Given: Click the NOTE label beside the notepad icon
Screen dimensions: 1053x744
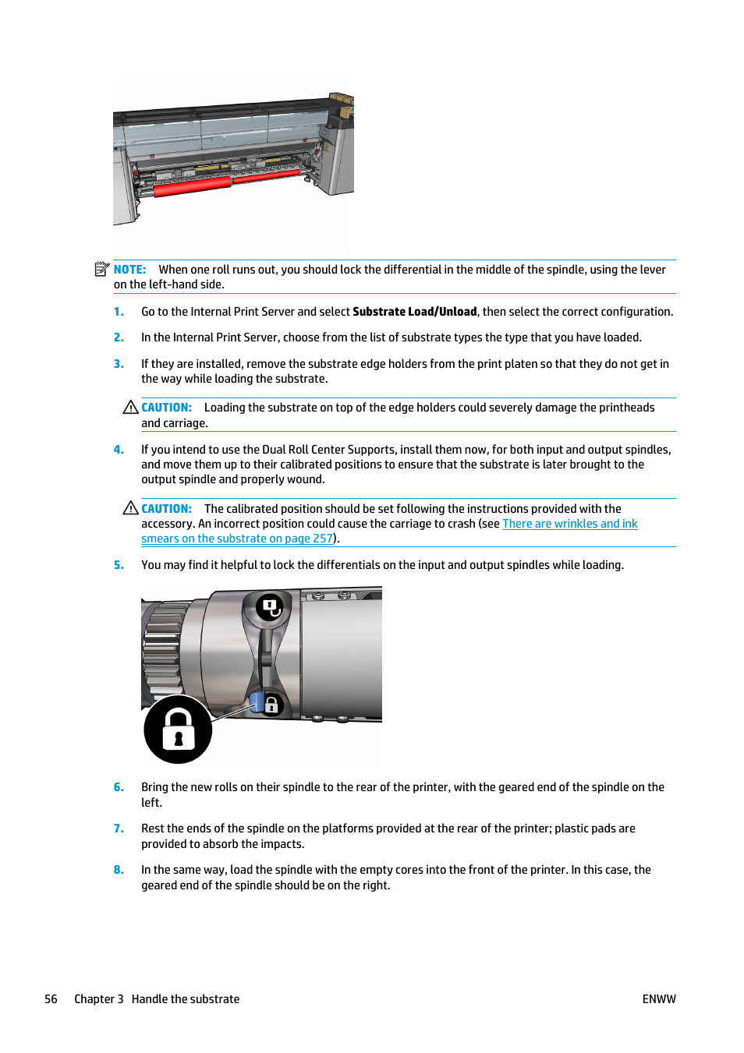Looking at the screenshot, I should coord(129,270).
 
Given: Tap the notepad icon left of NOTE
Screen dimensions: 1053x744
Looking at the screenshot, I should coord(101,269).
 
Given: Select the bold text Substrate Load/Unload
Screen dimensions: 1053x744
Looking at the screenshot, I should coord(414,312).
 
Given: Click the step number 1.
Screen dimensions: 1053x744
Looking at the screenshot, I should coord(119,312).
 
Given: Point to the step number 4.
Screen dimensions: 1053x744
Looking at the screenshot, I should coord(119,450).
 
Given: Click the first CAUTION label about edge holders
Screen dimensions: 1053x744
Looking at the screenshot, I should coord(166,408).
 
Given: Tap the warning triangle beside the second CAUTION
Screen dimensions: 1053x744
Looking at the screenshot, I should coord(130,508).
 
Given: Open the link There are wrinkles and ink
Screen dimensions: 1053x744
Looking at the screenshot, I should coord(569,524).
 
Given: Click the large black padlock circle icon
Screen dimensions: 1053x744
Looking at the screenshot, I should coord(178,730).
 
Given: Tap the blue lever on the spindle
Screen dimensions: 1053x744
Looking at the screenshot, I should coord(256,701).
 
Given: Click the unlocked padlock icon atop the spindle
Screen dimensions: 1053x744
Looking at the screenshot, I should coord(270,606).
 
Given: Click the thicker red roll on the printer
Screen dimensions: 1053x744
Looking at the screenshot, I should coord(193,186).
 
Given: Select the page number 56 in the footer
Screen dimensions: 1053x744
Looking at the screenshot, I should coord(51,999).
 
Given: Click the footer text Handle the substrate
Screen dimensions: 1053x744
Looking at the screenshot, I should coord(185,999).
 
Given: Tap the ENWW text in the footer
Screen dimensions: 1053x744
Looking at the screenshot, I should coord(658,999).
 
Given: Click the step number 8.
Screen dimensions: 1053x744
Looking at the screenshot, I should coord(119,870).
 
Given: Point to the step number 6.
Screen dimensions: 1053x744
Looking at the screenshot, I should coord(119,787).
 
